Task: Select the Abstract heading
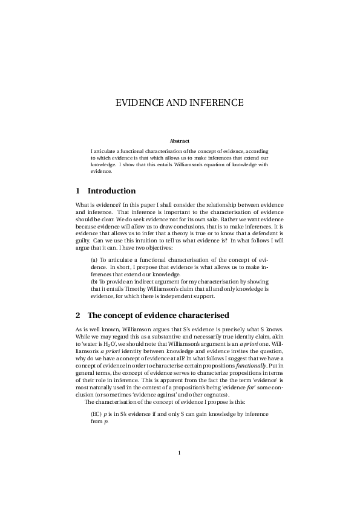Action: pos(180,141)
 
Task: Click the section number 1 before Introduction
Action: pos(78,191)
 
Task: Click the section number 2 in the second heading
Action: pos(78,316)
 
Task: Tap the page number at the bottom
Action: pos(180,453)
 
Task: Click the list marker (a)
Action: pos(94,259)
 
